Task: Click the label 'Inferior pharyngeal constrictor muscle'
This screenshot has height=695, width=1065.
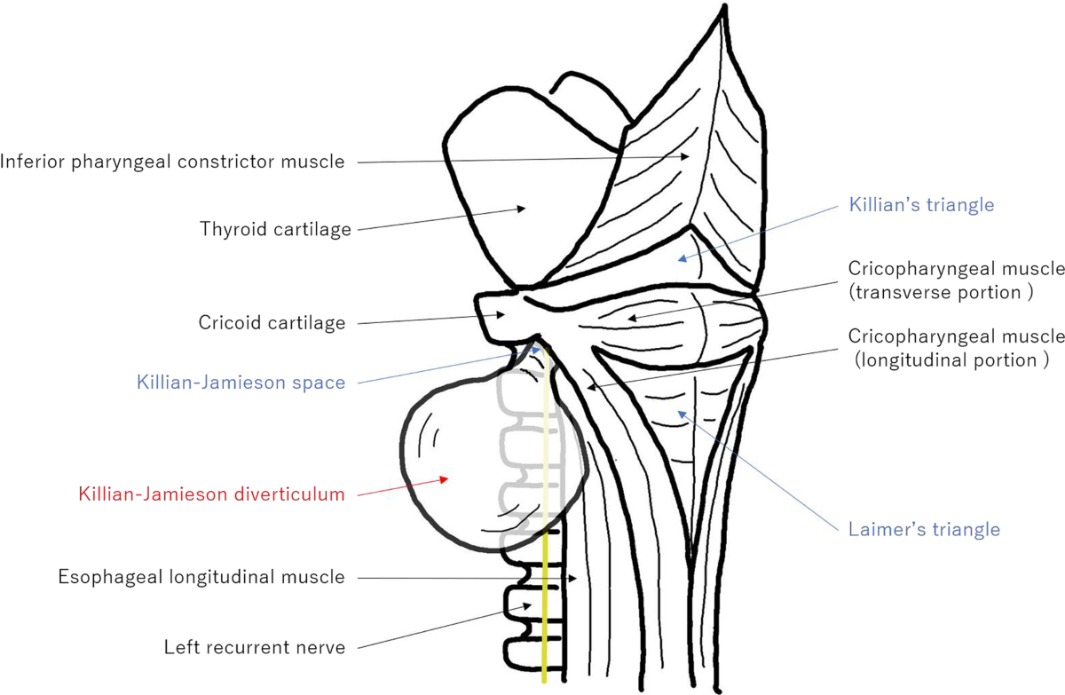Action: tap(172, 162)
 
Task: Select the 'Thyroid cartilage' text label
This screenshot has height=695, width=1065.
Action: tap(275, 230)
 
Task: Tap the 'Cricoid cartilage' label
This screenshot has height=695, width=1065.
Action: tap(272, 323)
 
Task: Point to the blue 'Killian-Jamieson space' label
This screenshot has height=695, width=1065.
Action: tap(240, 383)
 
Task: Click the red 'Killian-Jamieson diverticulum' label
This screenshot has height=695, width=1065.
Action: tap(210, 494)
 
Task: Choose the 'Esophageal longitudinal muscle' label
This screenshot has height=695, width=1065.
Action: tap(201, 577)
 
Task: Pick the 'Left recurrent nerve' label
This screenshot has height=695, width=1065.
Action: tap(254, 647)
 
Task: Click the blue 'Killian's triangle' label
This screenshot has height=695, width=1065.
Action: tap(921, 205)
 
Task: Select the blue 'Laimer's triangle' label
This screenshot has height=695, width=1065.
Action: tap(922, 530)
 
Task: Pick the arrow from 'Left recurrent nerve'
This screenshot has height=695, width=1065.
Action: tap(444, 626)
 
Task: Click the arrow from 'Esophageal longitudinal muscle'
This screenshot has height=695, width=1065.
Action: tap(461, 579)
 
